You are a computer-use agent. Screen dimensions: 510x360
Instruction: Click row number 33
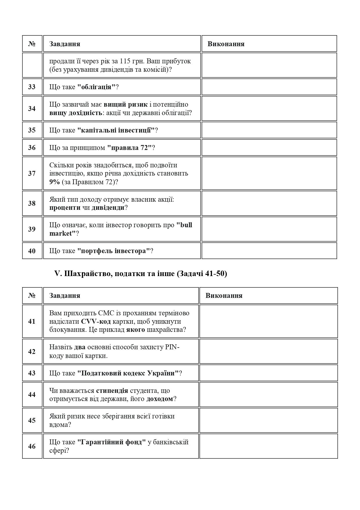point(32,87)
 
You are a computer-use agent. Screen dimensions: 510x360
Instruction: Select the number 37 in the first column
point(32,173)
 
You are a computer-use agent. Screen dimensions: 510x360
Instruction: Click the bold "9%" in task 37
point(54,182)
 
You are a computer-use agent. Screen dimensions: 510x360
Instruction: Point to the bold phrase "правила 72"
point(129,148)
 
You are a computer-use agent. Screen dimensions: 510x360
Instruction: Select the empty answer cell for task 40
point(269,251)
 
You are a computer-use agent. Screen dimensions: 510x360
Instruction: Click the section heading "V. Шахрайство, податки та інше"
point(141,274)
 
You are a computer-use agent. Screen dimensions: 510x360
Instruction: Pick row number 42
point(32,352)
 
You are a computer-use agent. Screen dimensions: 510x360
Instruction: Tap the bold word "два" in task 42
point(80,347)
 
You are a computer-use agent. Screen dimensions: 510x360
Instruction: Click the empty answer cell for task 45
point(269,420)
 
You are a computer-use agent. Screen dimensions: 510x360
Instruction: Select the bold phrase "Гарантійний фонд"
point(111,442)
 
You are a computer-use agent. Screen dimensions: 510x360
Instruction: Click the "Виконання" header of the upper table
point(226,44)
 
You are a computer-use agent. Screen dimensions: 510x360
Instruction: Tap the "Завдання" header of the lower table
point(65,296)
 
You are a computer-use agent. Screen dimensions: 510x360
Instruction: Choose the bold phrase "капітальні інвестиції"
point(116,130)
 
